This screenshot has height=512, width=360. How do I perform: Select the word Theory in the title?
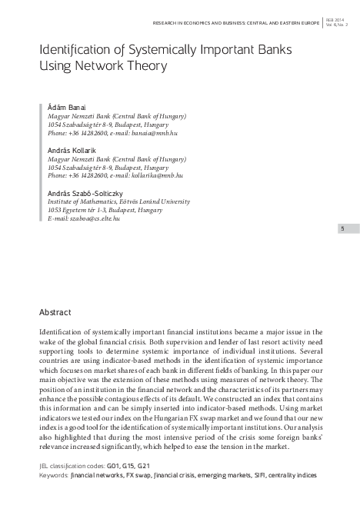pyautogui.click(x=143, y=67)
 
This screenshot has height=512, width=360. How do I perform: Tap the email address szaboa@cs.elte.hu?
pyautogui.click(x=95, y=218)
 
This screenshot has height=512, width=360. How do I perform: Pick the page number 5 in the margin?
pyautogui.click(x=342, y=228)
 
